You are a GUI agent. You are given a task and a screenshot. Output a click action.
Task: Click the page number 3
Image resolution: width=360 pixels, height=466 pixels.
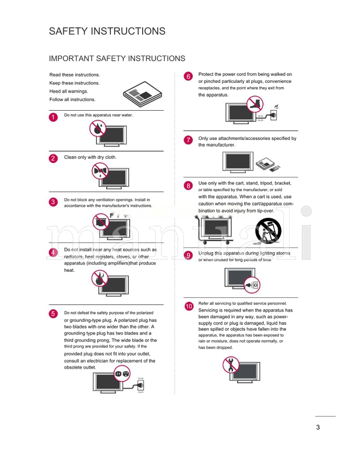pos(318,427)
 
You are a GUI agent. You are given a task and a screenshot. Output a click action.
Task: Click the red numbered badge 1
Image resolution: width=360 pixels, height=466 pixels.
pos(53,117)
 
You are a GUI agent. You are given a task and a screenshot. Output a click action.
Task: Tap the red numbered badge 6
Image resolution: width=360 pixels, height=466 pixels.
pos(189,76)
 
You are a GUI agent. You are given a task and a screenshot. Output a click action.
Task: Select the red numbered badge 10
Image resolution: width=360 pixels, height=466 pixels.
pos(189,306)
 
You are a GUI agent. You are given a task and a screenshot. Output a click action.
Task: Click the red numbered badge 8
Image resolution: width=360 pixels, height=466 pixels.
pos(189,185)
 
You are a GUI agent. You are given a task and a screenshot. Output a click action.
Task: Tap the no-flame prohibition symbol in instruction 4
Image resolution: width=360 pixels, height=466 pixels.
pos(99,279)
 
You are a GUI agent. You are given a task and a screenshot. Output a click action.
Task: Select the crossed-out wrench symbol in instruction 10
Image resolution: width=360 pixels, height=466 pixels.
pos(231,364)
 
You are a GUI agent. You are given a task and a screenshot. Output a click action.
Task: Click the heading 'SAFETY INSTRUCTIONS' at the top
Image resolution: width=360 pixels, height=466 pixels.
pos(107,31)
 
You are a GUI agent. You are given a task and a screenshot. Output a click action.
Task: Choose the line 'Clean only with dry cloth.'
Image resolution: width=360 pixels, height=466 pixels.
pos(90,157)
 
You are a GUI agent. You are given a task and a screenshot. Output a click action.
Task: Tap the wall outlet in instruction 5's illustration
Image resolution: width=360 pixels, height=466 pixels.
pos(141,385)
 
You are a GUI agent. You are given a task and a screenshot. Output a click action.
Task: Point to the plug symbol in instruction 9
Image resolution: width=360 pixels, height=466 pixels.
pos(252,284)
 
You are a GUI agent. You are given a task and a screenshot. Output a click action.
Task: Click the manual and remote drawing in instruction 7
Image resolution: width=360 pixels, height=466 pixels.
pos(267,164)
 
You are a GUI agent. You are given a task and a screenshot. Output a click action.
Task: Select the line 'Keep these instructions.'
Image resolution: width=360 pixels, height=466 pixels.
pos(74,83)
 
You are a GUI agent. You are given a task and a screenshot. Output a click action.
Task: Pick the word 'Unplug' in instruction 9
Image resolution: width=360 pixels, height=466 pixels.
pos(206,253)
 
